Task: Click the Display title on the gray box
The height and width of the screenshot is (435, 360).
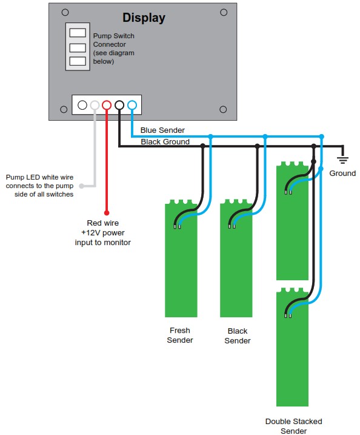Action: click(144, 18)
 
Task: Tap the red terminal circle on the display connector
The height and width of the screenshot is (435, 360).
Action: click(107, 105)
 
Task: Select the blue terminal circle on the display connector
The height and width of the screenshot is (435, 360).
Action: click(132, 105)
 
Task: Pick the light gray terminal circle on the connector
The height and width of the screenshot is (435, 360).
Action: click(95, 105)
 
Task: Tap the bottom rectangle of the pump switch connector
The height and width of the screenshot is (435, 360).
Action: click(77, 61)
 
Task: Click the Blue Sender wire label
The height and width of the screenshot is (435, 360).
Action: click(162, 130)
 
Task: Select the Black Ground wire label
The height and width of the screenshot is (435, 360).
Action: click(165, 142)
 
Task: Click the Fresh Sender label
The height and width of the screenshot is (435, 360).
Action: click(180, 336)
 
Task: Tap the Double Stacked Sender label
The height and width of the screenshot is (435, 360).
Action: click(293, 426)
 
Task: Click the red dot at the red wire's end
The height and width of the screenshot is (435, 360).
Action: click(107, 213)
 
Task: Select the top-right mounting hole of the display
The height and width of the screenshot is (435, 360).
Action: click(224, 12)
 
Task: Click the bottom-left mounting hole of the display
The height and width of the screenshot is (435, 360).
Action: click(64, 109)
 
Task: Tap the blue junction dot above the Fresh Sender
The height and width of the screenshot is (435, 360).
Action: click(210, 137)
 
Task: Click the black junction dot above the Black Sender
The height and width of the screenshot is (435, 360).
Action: click(258, 146)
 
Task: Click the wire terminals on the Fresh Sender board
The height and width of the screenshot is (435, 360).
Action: click(176, 227)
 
